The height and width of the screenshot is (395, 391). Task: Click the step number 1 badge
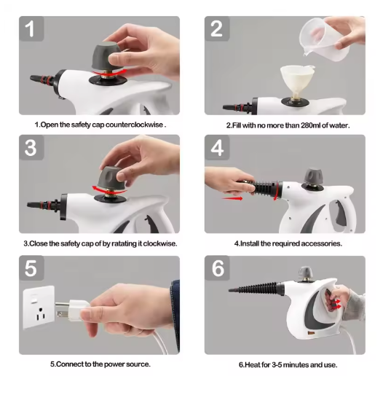tap(31, 28)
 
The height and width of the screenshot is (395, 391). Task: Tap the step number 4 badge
tap(217, 147)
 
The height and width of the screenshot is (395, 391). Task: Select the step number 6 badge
tap(217, 268)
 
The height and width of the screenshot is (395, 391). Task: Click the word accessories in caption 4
tap(321, 243)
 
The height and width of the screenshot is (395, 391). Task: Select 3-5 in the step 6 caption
tap(277, 365)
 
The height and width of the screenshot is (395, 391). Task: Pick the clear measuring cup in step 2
tap(325, 37)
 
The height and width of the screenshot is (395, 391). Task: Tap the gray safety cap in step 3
tap(111, 179)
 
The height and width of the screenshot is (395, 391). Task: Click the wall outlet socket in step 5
tap(39, 307)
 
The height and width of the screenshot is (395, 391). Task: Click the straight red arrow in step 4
tap(232, 198)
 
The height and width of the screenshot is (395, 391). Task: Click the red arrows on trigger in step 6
tap(336, 304)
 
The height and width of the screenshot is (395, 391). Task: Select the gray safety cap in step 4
tap(314, 176)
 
